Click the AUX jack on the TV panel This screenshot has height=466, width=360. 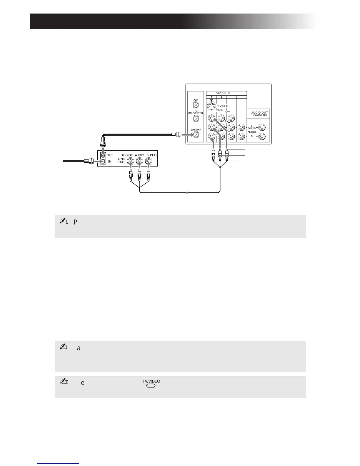tap(196, 104)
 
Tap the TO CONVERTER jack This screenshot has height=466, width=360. tap(196, 119)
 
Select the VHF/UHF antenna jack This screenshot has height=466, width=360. tap(196, 135)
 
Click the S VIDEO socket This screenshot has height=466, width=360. tap(211, 106)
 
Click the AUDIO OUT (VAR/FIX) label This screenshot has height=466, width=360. tap(259, 114)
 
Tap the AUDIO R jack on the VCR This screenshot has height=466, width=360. tap(130, 161)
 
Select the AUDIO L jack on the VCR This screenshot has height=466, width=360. tap(140, 161)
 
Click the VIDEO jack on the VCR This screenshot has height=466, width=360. tap(149, 161)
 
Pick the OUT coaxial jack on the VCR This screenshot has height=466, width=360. tap(103, 155)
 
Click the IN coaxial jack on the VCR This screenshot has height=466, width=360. tap(103, 161)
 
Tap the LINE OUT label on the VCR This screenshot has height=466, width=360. tap(121, 160)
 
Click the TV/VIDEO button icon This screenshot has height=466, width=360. tap(151, 385)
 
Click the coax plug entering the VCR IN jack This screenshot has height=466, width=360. tap(89, 161)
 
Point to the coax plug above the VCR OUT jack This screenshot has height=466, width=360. tap(103, 143)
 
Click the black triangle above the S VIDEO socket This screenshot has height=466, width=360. tap(211, 100)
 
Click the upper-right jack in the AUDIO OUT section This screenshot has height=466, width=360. tap(261, 127)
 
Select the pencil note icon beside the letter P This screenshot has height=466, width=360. tap(64, 222)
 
